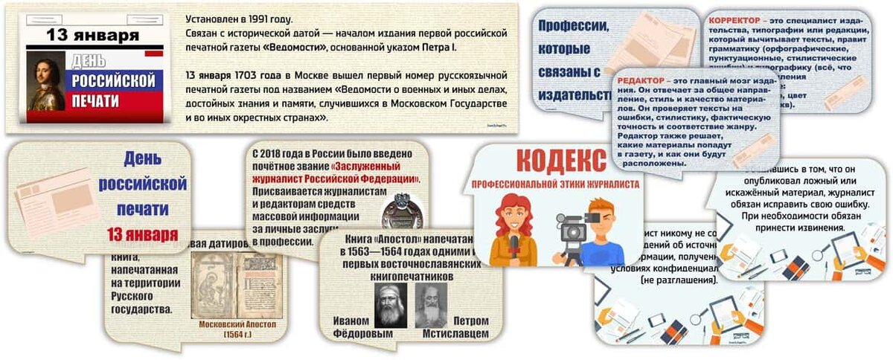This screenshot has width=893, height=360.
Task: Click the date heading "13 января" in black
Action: pos(92,35)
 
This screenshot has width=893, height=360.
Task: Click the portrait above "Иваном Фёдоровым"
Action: pos(390,305)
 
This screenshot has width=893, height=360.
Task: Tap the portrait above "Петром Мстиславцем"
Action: pos(432,305)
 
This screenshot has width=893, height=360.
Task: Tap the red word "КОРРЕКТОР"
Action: pos(734,19)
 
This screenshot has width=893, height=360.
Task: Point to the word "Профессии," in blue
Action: pos(573,25)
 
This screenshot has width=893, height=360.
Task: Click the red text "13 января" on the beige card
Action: pos(141,234)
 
